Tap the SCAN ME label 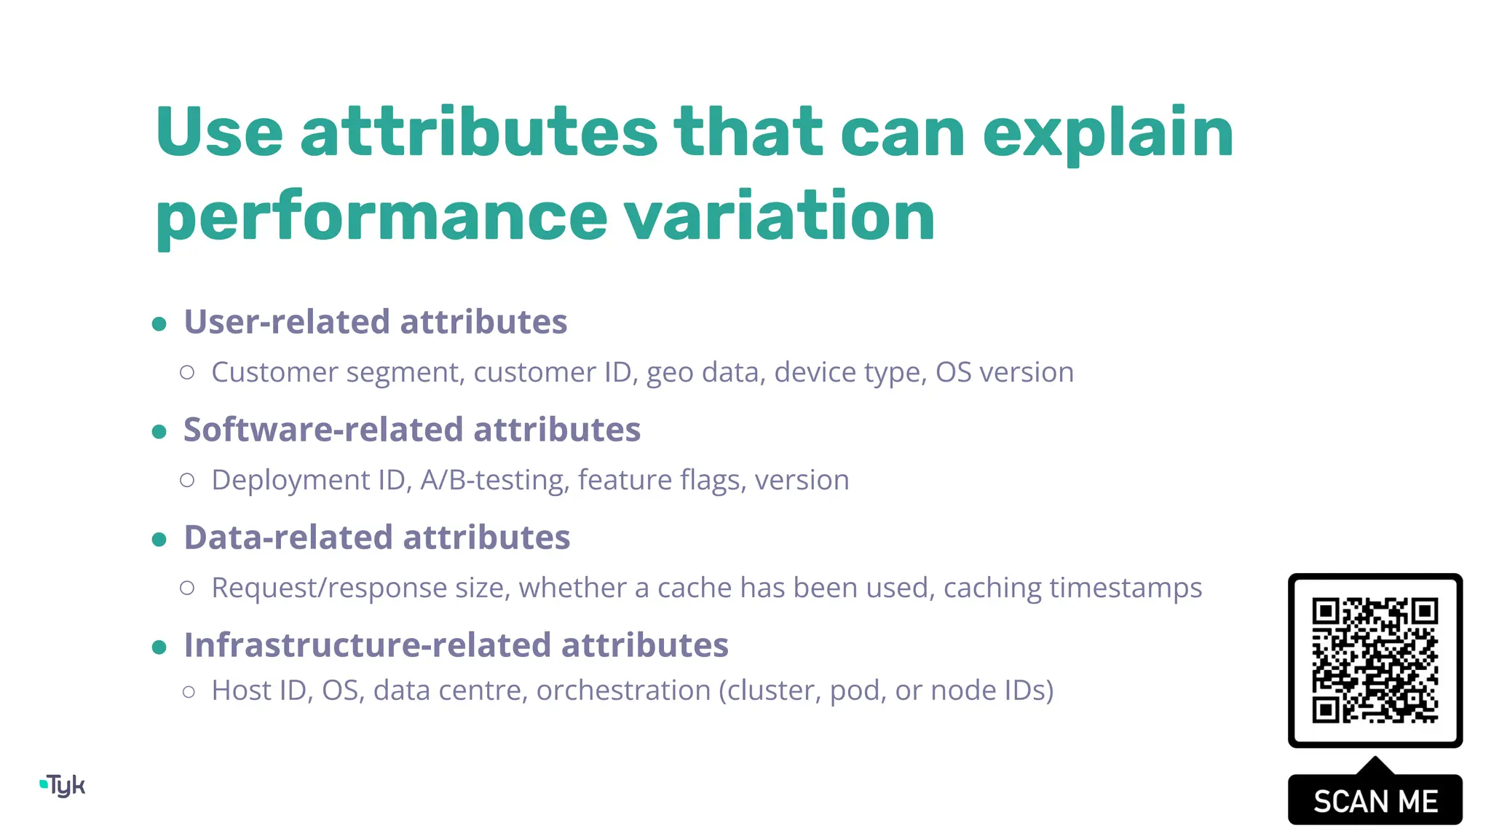tap(1375, 801)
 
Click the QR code tap(1375, 660)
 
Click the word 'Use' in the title tap(218, 133)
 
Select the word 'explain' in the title tap(1107, 134)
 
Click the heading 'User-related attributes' tap(375, 322)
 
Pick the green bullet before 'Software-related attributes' tap(159, 431)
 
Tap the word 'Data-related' tap(288, 537)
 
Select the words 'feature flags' tap(662, 481)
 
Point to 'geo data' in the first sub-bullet tap(705, 373)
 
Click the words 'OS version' tap(1004, 373)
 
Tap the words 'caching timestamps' tap(1072, 588)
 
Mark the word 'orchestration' tap(623, 690)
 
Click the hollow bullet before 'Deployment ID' tap(187, 480)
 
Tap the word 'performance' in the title tap(381, 217)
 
